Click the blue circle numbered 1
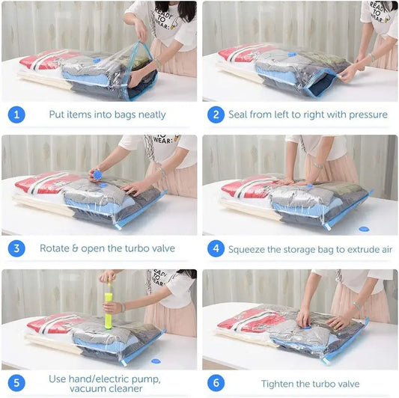tap(16, 114)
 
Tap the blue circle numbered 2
tap(216, 114)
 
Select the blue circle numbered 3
tap(16, 248)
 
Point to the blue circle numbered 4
tap(216, 248)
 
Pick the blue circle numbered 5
tap(16, 383)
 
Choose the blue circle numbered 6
tap(216, 383)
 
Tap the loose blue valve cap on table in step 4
tap(364, 229)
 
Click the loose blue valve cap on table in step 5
tap(156, 361)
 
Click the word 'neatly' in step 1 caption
tap(152, 114)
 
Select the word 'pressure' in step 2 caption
tap(368, 114)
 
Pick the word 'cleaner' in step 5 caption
tap(126, 388)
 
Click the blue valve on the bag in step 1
tap(97, 61)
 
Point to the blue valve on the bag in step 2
tap(292, 54)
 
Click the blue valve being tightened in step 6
tap(307, 327)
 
